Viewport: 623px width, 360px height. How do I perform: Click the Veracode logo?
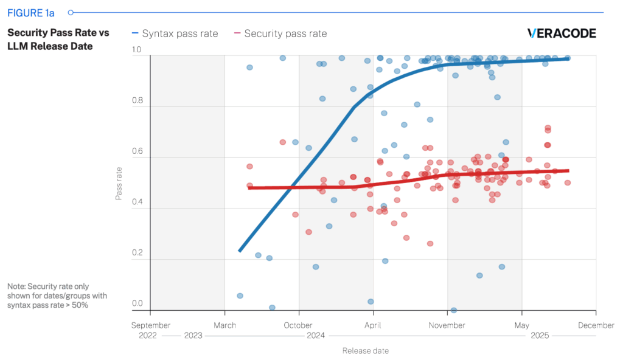coord(561,33)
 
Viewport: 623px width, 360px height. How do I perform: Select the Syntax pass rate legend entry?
coord(174,34)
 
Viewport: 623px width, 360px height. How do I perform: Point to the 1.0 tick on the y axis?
coord(137,50)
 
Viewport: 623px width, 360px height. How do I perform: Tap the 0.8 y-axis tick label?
coord(137,102)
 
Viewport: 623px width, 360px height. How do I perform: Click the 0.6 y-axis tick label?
coord(137,153)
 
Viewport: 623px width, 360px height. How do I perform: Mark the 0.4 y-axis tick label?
coord(137,204)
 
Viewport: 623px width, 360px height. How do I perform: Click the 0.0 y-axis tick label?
coord(137,303)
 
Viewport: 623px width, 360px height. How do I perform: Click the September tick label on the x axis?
coord(151,325)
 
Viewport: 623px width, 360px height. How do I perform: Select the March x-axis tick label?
coord(225,325)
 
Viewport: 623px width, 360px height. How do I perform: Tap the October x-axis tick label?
coord(299,325)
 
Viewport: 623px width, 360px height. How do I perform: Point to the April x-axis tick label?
coord(374,325)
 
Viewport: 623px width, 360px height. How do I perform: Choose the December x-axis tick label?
coord(596,325)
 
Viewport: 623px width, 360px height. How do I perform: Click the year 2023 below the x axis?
coord(193,335)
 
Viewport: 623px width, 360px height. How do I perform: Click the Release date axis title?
coord(365,351)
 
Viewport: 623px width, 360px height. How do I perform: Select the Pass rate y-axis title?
coord(119,183)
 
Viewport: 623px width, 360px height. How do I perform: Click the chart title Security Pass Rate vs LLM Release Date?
coord(58,40)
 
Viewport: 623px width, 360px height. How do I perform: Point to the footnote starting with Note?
coord(49,295)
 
